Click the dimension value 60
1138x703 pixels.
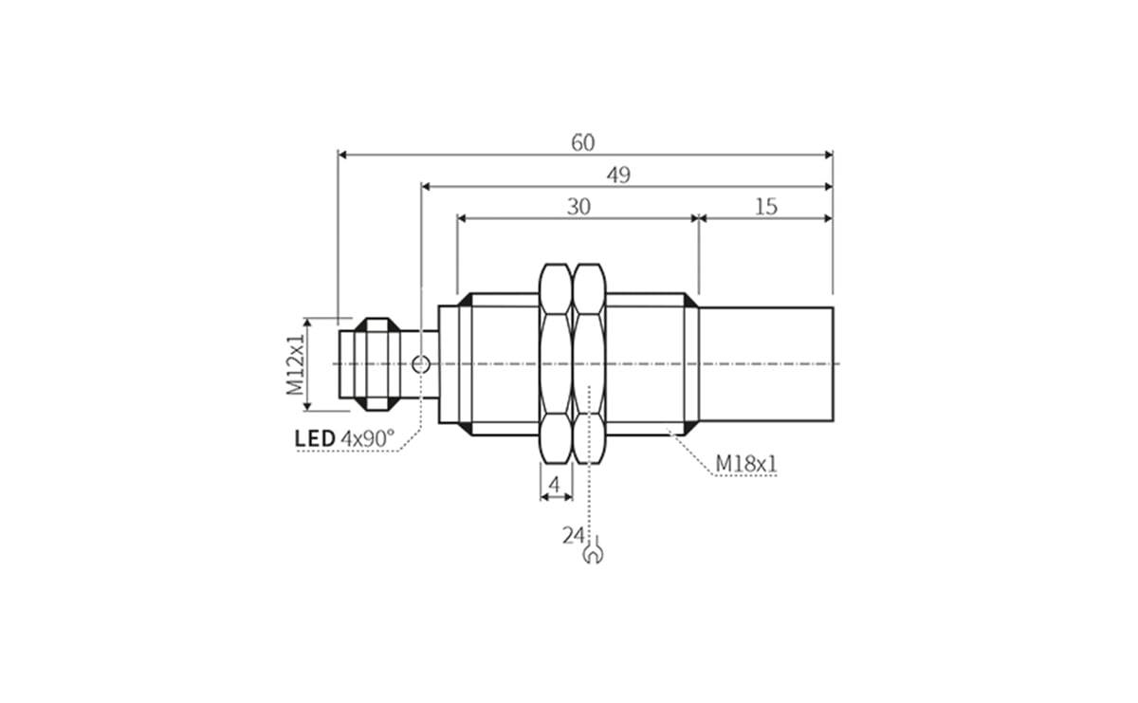click(x=582, y=142)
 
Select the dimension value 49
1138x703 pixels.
click(x=618, y=175)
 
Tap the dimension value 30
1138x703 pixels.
click(x=578, y=207)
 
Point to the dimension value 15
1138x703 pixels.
click(x=765, y=207)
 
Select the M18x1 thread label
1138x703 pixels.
click(x=746, y=464)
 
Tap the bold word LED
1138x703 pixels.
click(x=315, y=438)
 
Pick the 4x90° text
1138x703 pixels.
click(x=367, y=438)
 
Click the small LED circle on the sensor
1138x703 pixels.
click(x=421, y=363)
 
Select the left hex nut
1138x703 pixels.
click(x=556, y=364)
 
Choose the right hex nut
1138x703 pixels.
click(x=590, y=364)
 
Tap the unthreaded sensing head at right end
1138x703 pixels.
click(x=766, y=364)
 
